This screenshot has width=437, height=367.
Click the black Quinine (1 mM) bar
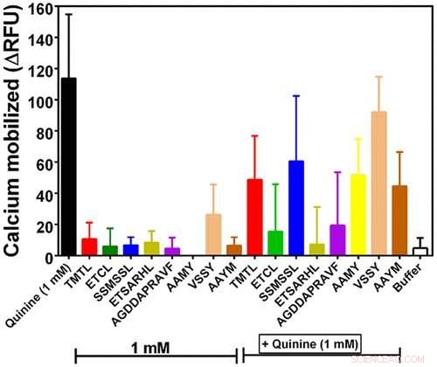[68, 167]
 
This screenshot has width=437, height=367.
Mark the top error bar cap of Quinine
[68, 14]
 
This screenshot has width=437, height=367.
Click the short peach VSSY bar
[213, 235]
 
